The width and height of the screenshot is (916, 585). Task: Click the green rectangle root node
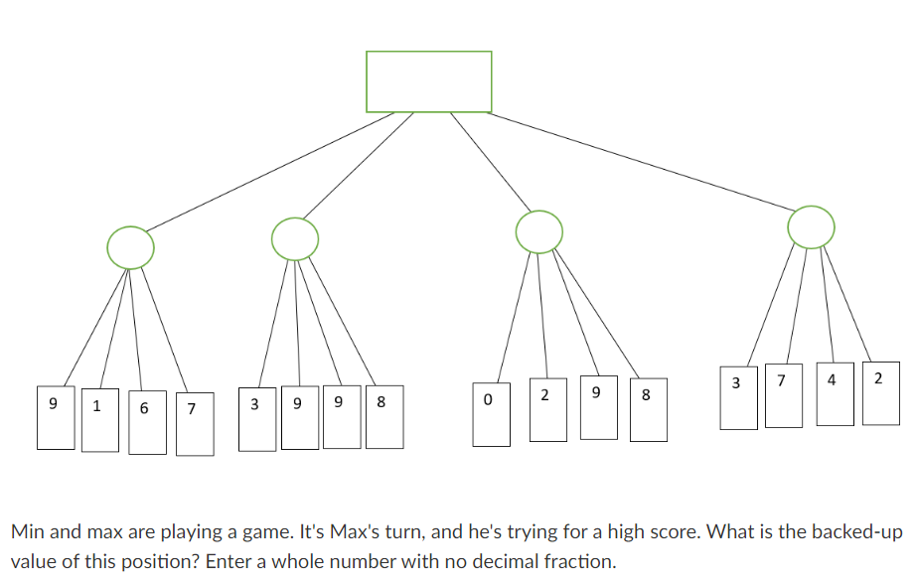[x=428, y=81]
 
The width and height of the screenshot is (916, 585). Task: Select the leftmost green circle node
[x=131, y=245]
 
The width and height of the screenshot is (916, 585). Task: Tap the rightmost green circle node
[x=812, y=227]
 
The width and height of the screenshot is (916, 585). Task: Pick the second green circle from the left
[x=295, y=239]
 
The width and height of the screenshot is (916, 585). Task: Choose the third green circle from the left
[x=539, y=231]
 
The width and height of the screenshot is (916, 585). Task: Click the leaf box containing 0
[x=488, y=413]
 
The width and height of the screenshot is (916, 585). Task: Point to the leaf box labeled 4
[x=834, y=394]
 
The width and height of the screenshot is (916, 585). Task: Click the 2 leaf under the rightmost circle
[x=880, y=393]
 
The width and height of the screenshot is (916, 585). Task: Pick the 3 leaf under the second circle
[x=257, y=418]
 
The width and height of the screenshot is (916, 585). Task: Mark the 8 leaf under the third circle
[x=647, y=409]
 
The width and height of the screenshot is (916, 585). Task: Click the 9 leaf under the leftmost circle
[x=55, y=417]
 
